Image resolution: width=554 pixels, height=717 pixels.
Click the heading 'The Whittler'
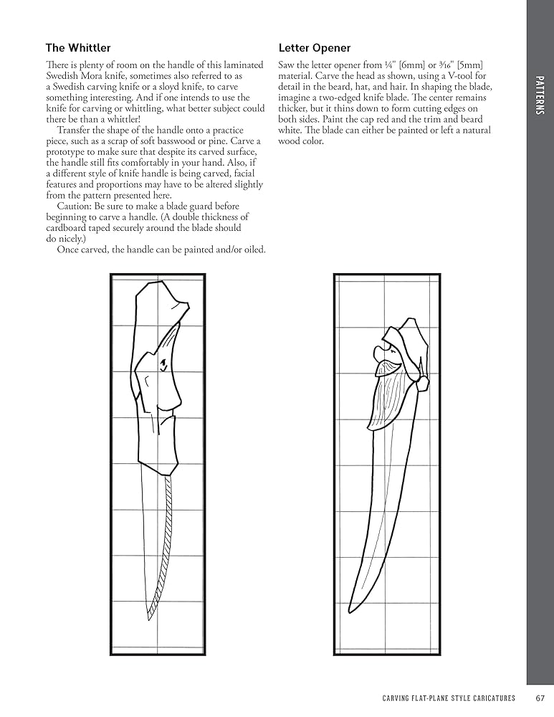(78, 48)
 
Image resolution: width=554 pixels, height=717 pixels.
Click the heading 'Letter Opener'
(314, 48)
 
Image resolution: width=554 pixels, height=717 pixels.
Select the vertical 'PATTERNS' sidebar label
(540, 96)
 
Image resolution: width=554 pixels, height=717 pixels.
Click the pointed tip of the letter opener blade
(350, 610)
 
